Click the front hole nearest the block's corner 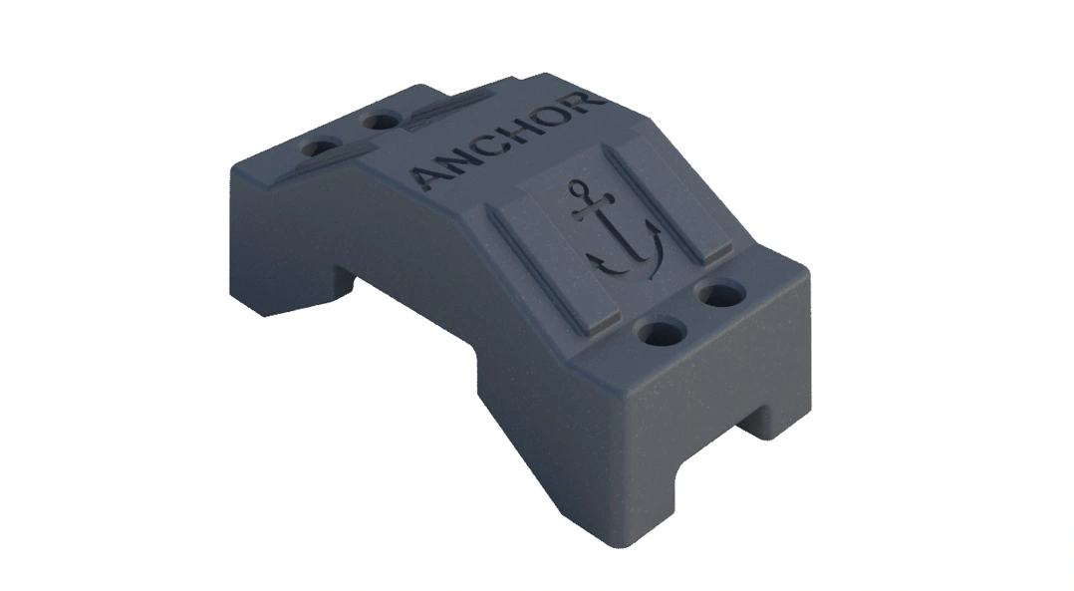[x=659, y=332]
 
